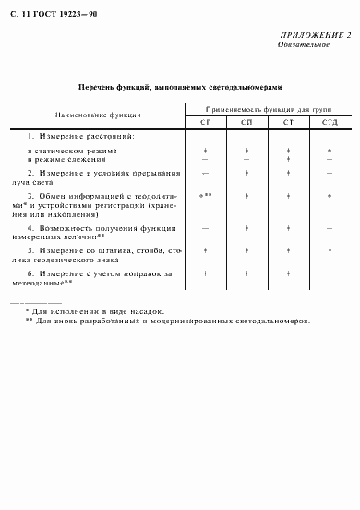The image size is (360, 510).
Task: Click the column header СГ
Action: pyautogui.click(x=205, y=122)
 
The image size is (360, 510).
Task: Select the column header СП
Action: pyautogui.click(x=246, y=122)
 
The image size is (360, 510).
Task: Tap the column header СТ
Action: pyautogui.click(x=288, y=122)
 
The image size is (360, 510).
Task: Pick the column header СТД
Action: pyautogui.click(x=330, y=122)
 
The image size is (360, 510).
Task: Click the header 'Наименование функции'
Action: pyautogui.click(x=98, y=115)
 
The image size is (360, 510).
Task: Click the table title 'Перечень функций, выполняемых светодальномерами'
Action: pyautogui.click(x=180, y=87)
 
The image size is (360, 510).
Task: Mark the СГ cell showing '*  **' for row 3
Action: pyautogui.click(x=205, y=196)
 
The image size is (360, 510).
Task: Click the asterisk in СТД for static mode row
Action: pyautogui.click(x=330, y=150)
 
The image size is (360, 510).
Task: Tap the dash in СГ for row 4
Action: pyautogui.click(x=205, y=227)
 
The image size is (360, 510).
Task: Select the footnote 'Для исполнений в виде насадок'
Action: pyautogui.click(x=87, y=312)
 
